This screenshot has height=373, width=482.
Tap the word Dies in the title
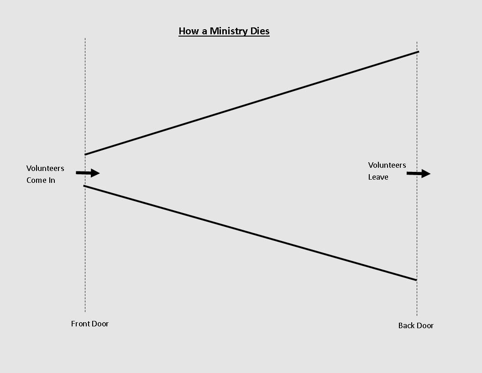tap(260, 31)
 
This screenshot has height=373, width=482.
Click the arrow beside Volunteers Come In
tap(88, 173)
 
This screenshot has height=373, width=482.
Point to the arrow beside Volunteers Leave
tap(419, 174)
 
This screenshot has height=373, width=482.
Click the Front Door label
tap(90, 324)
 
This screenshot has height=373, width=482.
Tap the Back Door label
tap(416, 325)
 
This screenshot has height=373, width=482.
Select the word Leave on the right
tap(378, 177)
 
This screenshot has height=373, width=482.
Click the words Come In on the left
tap(41, 180)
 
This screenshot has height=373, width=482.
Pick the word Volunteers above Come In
tap(45, 168)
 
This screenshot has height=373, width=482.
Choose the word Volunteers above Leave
tap(387, 165)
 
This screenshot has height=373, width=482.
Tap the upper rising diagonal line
tap(251, 103)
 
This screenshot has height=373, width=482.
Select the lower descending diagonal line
tap(251, 233)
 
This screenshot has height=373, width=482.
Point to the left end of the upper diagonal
tap(86, 155)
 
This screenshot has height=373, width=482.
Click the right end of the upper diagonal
tap(418, 52)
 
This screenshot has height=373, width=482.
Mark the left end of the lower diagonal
tap(85, 186)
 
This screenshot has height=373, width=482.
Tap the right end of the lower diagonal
tap(416, 280)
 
